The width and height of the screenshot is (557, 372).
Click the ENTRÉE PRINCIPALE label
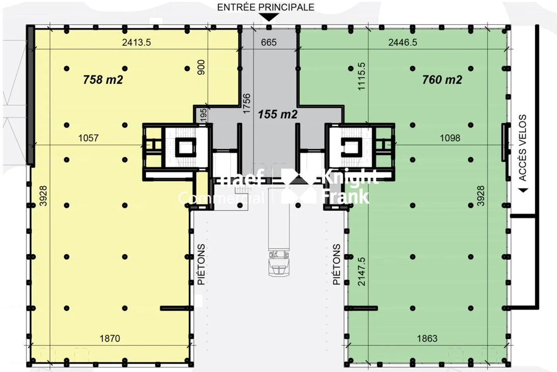click(265, 7)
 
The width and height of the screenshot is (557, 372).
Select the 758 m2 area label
click(103, 80)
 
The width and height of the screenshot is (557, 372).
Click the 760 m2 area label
click(442, 80)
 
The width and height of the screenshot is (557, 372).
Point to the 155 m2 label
click(277, 114)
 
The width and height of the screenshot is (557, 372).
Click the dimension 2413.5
click(136, 42)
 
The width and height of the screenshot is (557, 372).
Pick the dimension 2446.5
click(403, 42)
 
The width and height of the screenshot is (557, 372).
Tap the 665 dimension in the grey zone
click(268, 42)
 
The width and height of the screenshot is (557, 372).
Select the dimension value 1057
click(88, 138)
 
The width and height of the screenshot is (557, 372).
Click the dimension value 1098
click(450, 138)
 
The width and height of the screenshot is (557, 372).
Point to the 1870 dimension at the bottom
click(110, 338)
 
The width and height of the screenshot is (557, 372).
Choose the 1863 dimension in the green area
click(427, 338)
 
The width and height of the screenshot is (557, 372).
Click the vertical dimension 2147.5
click(361, 272)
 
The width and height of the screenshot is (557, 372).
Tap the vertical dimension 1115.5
click(361, 76)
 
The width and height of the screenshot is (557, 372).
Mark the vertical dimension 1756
click(246, 103)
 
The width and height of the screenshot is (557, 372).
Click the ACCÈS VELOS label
click(523, 148)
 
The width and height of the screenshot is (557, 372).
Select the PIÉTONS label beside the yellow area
click(201, 264)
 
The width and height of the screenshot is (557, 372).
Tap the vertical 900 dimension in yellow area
click(201, 67)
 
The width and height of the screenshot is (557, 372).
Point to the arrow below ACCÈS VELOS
click(523, 190)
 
